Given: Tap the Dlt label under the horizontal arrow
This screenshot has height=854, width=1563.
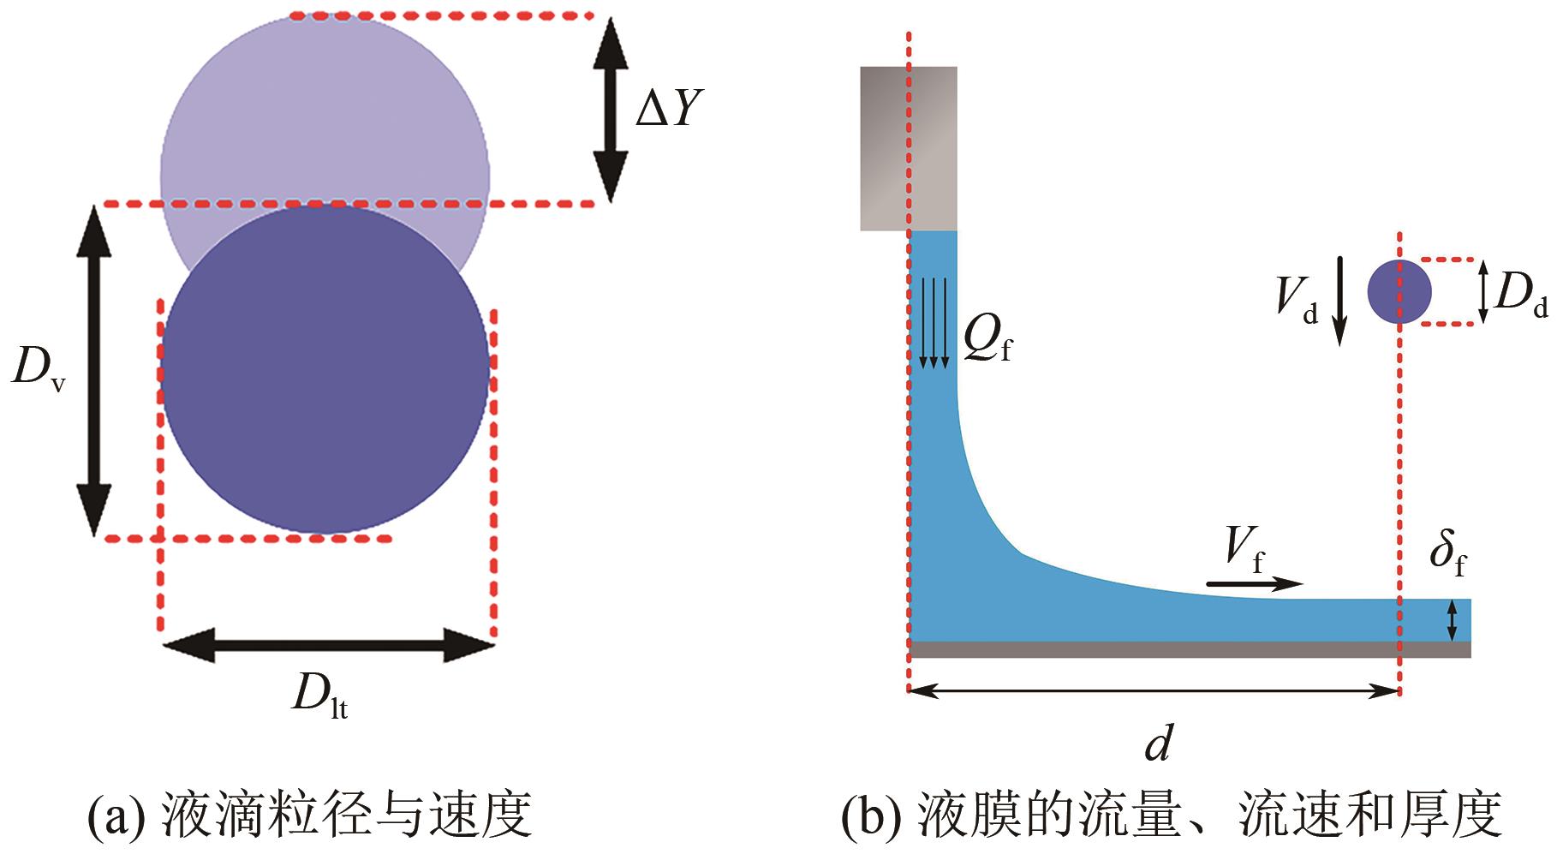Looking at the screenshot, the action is [x=319, y=696].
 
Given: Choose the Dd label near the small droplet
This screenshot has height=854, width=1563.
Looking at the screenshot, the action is [x=1521, y=296].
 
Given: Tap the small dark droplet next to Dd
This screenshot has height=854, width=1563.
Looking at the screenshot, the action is [x=1399, y=292].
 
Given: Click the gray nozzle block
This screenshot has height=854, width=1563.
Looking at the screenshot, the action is [x=909, y=148].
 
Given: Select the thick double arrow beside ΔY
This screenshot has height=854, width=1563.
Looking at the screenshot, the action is [x=611, y=109].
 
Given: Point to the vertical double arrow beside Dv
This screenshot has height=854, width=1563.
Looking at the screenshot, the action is [x=93, y=371].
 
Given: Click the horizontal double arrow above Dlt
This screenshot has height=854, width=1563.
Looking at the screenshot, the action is [x=328, y=644].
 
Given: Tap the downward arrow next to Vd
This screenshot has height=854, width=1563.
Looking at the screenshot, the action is [x=1340, y=301].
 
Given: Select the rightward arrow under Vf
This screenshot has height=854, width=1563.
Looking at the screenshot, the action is [x=1255, y=584].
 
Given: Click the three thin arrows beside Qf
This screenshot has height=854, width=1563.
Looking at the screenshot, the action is [x=934, y=323].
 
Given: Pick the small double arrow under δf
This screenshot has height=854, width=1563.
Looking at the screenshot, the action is [x=1452, y=621].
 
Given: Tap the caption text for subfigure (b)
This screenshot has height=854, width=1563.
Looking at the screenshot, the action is [x=1172, y=815].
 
